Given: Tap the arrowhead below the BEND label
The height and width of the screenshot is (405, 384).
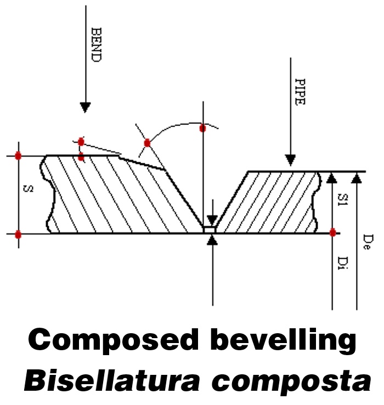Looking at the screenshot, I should click(84, 106).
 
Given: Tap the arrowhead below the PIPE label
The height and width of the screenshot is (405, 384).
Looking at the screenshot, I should click(290, 159).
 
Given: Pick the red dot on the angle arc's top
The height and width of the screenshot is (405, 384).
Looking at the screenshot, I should click(202, 128).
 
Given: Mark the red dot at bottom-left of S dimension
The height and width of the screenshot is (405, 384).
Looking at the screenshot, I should click(18, 234).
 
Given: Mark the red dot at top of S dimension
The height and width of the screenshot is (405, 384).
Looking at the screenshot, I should click(18, 156).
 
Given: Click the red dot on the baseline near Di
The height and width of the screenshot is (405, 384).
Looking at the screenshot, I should click(332, 232).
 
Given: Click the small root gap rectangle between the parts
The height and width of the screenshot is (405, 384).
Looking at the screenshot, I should click(210, 229).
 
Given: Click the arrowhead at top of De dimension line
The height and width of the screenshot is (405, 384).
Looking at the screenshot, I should click(357, 176).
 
